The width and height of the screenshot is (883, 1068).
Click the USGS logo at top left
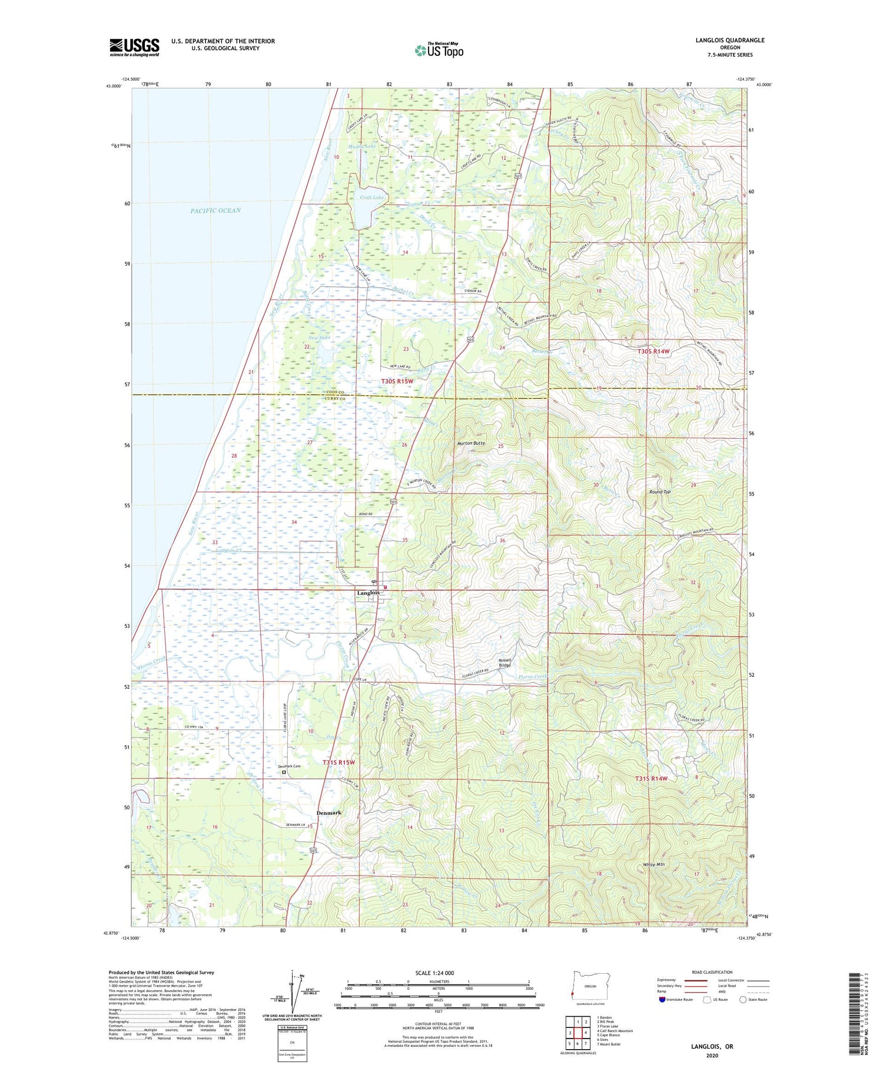pos(134,47)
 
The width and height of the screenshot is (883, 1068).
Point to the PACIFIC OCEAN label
pos(215,210)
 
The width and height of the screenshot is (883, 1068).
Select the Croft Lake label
pos(371,197)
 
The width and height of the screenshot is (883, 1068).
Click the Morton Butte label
pos(472,443)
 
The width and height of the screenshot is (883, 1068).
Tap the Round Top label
pos(659,492)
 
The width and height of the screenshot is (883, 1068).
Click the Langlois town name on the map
pos(368,593)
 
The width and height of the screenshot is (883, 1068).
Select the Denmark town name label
pos(328,813)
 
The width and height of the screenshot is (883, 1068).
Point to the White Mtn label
pos(653,865)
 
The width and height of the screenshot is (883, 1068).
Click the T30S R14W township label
pos(653,351)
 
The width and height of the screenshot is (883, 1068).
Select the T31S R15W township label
pos(339,762)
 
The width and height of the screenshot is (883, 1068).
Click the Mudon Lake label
pos(361,146)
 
